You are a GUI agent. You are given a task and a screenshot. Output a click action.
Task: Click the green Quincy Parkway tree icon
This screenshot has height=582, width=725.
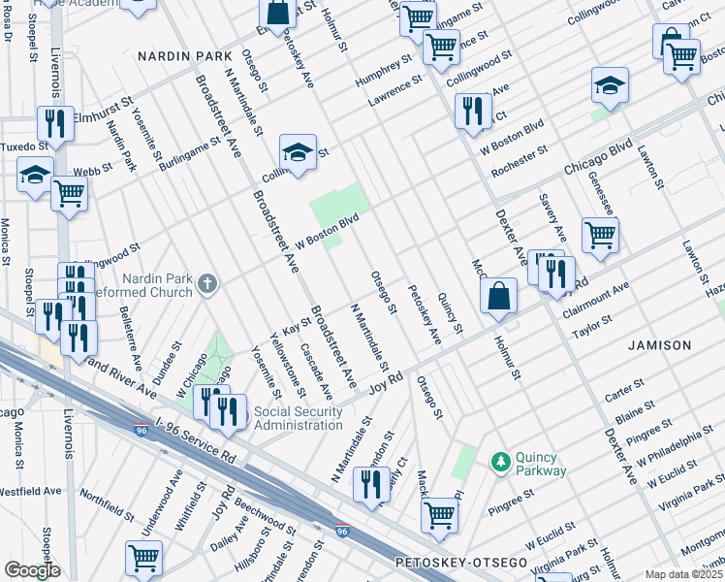[501, 461]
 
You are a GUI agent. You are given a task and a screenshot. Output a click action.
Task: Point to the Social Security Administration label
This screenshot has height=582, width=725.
[298, 418]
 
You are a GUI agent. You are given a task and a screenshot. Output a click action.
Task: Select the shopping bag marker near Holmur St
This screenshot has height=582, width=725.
[498, 297]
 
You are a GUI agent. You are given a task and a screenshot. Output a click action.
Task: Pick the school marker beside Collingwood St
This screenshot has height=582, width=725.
[298, 151]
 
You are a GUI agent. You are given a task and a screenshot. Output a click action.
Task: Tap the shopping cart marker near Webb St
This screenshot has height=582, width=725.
[69, 193]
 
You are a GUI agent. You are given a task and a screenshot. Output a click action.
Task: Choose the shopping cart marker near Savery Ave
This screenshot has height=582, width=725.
[600, 234]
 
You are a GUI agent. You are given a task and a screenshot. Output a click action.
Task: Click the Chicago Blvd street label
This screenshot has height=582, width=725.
[596, 161]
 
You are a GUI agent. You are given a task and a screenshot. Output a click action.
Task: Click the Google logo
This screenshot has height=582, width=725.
[32, 569]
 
